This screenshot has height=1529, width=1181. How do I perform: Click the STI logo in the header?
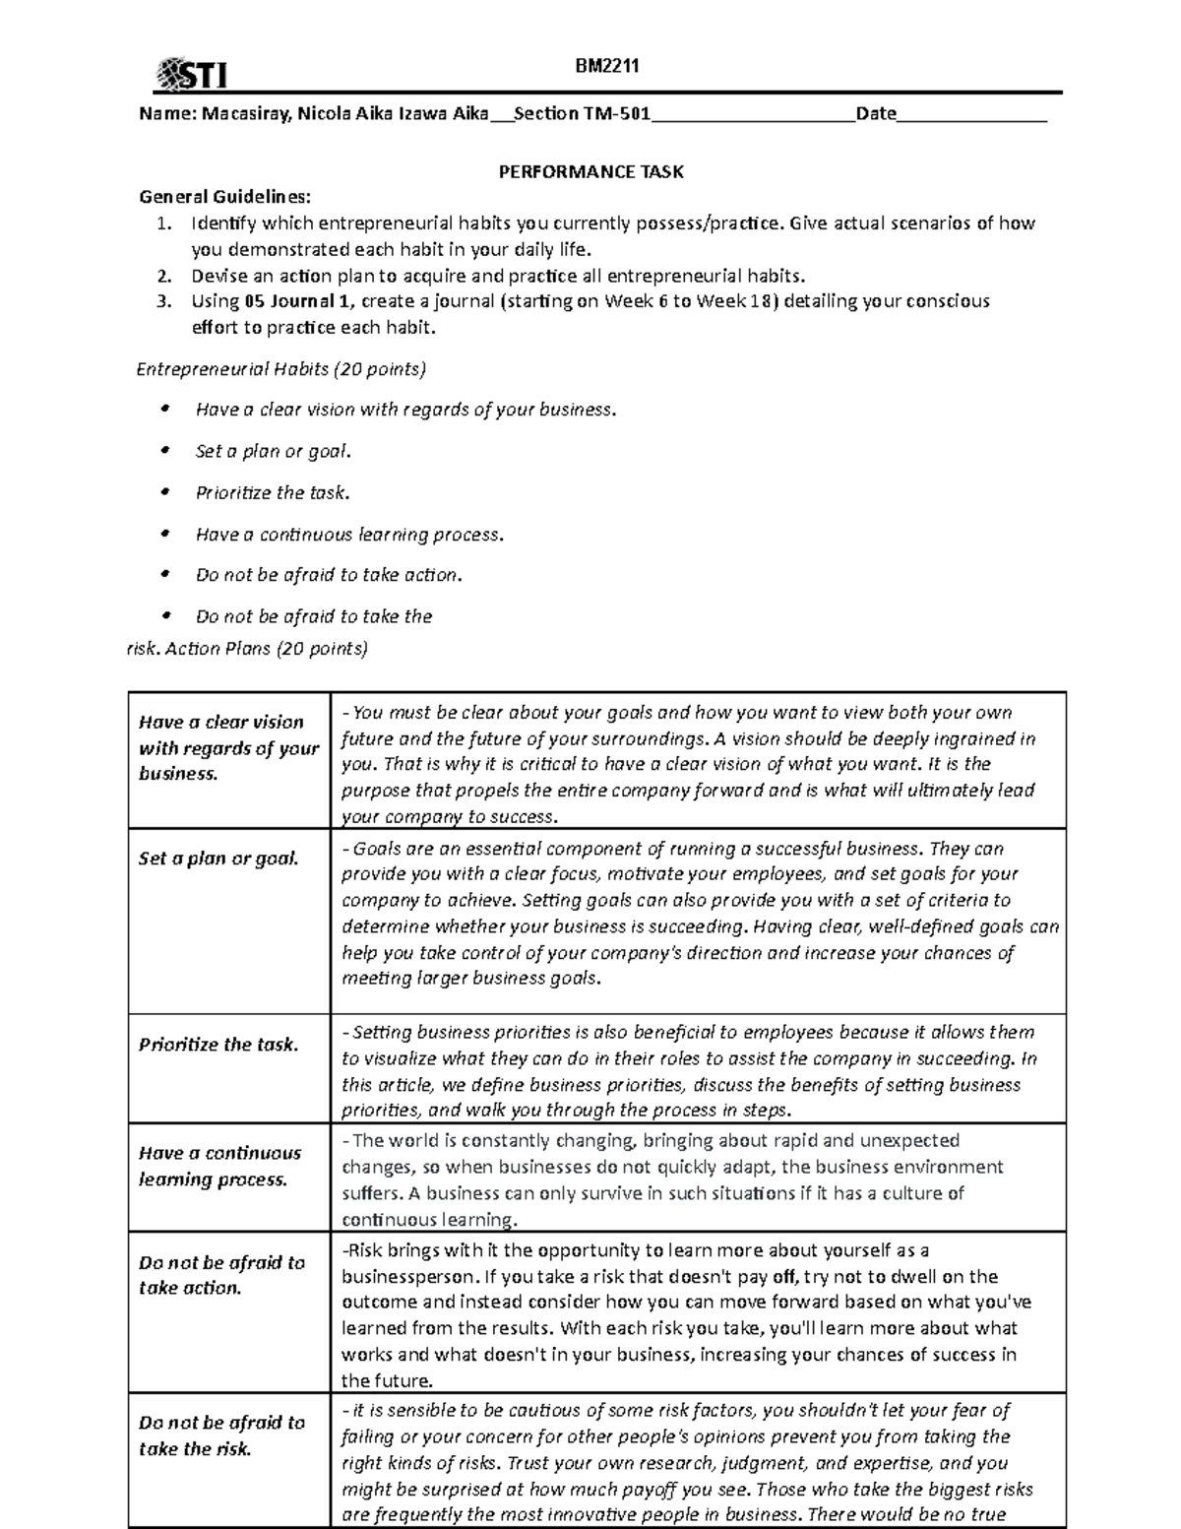192,74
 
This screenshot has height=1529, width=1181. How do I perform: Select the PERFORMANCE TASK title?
590,171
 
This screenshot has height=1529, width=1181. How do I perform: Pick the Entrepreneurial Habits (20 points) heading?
280,369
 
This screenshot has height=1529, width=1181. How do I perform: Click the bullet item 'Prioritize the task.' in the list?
273,492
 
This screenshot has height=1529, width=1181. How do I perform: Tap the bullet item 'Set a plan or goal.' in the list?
273,451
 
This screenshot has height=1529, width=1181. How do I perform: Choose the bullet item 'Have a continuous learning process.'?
349,535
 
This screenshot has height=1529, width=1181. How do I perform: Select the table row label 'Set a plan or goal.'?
218,859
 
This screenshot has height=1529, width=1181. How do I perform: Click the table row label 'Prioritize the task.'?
218,1045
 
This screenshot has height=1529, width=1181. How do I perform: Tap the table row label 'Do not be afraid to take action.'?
221,1275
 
